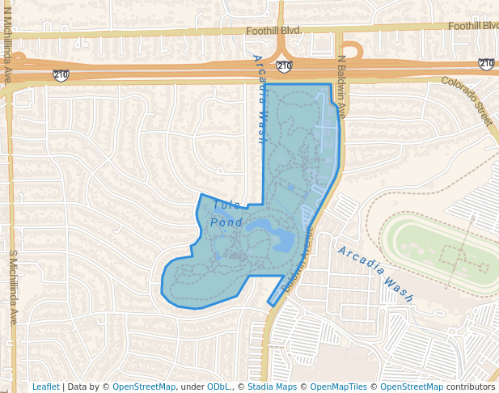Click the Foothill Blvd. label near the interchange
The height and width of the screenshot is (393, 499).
coord(273,30)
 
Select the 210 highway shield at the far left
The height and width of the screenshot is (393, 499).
coord(61,75)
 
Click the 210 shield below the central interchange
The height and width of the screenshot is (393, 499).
coord(284,65)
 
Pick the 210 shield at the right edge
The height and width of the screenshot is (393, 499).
coord(486,63)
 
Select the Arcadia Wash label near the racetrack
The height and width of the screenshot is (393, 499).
coord(375,273)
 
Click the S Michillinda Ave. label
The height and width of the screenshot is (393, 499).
coord(13,287)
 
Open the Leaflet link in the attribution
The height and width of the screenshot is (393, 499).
coord(45,387)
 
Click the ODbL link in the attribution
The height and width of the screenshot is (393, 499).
coord(219,387)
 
